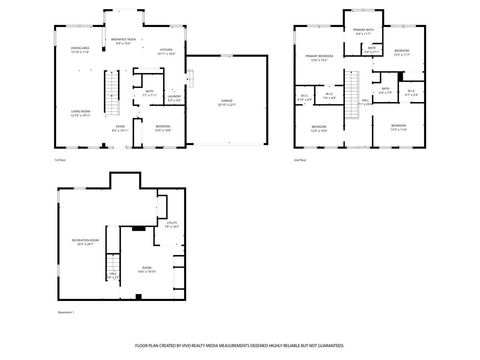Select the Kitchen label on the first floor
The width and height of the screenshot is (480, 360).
click(166, 50)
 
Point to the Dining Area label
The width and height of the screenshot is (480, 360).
click(81, 50)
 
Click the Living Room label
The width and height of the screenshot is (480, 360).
click(79, 114)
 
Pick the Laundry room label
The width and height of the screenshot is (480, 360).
click(174, 98)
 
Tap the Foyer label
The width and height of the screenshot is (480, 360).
click(119, 128)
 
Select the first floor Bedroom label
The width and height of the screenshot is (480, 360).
click(163, 127)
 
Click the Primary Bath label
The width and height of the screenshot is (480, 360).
click(362, 33)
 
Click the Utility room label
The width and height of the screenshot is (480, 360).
click(171, 225)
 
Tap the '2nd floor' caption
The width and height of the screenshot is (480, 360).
click(299, 159)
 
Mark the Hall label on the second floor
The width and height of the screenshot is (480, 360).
click(365, 101)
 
